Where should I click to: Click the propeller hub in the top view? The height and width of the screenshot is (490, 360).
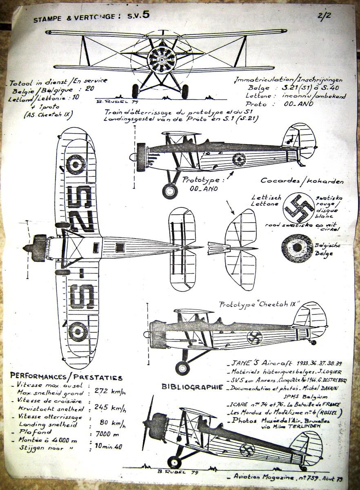point(26,247)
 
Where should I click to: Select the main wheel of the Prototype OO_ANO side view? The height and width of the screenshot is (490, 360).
point(169,191)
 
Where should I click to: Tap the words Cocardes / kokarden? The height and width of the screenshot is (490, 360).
point(302,181)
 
